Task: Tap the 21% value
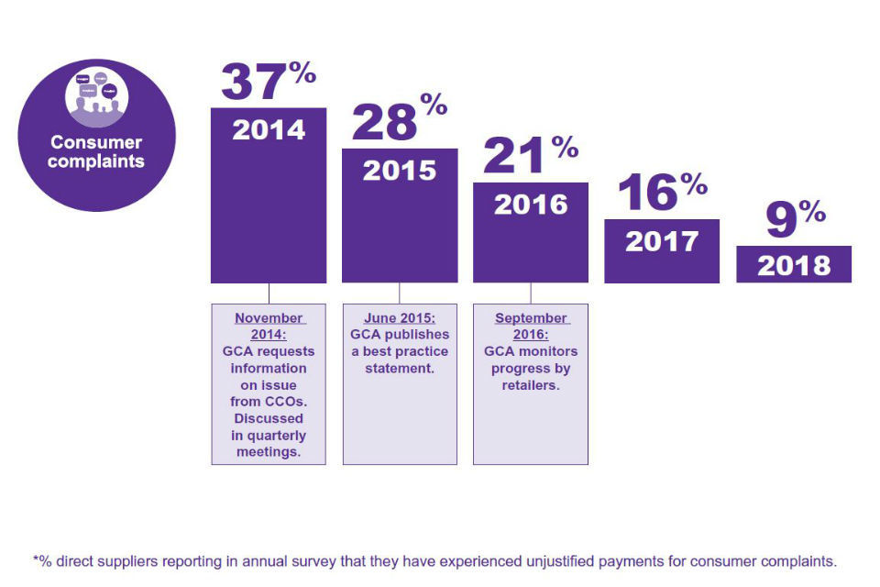click(x=530, y=157)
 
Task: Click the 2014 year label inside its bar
click(x=269, y=129)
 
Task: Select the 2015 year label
click(x=400, y=171)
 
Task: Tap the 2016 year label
click(x=531, y=205)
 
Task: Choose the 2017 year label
click(x=662, y=241)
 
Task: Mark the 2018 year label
click(x=794, y=266)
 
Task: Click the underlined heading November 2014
click(x=269, y=327)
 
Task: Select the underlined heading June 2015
click(x=400, y=318)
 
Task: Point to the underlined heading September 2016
click(x=531, y=327)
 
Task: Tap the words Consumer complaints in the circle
click(x=96, y=152)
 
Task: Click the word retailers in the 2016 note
click(x=531, y=385)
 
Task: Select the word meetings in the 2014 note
click(x=269, y=452)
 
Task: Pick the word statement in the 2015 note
click(x=400, y=369)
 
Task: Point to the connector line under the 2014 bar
click(x=269, y=293)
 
